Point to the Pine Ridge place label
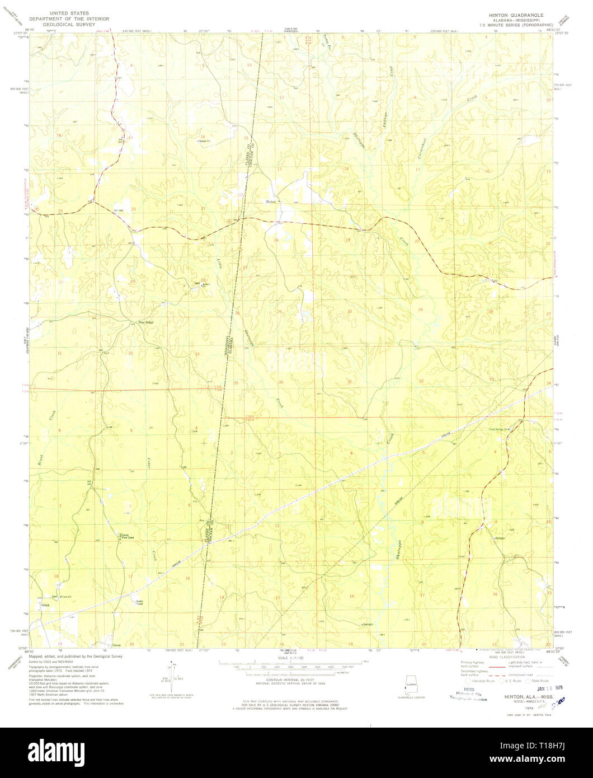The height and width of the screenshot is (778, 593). click(x=145, y=322)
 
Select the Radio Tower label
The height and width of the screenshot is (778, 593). click(x=139, y=603)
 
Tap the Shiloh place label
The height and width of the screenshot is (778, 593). click(x=45, y=606)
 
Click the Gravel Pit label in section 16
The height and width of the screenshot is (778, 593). click(x=203, y=142)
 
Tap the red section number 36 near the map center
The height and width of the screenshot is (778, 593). click(x=281, y=382)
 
